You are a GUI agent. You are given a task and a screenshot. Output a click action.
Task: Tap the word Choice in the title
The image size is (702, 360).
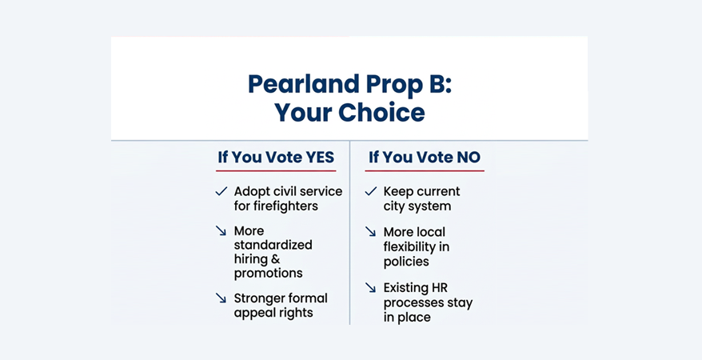pyautogui.click(x=382, y=112)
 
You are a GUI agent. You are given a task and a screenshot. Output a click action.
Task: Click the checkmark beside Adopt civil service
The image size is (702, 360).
pyautogui.click(x=221, y=192)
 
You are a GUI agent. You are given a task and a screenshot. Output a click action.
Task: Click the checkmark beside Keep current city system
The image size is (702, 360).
pyautogui.click(x=370, y=192)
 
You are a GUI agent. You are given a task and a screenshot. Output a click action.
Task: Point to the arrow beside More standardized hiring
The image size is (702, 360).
pyautogui.click(x=221, y=231)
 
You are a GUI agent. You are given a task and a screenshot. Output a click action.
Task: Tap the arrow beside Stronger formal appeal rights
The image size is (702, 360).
pyautogui.click(x=221, y=298)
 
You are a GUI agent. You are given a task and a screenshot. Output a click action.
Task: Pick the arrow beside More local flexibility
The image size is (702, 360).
pyautogui.click(x=370, y=232)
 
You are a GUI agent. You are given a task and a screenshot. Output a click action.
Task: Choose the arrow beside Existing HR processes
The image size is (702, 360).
pyautogui.click(x=370, y=287)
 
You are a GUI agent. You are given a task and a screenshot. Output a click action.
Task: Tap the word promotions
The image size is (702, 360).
pyautogui.click(x=268, y=274)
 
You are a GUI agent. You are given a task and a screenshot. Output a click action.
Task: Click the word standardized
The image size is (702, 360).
pyautogui.click(x=273, y=245)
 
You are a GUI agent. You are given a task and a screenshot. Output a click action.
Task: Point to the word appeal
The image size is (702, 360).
pyautogui.click(x=254, y=313)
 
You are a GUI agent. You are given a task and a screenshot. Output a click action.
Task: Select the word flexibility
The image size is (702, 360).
pyautogui.click(x=417, y=247)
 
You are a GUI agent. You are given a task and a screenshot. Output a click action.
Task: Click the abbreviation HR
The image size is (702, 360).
pyautogui.click(x=444, y=287)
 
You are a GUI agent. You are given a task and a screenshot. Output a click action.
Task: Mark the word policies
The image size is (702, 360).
pyautogui.click(x=406, y=262)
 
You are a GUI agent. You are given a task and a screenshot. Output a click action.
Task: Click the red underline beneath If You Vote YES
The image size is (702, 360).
pyautogui.click(x=277, y=170)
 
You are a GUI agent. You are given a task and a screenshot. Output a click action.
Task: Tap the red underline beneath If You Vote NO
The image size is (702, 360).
pyautogui.click(x=425, y=170)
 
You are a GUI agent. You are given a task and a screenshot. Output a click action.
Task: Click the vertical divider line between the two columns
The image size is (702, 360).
pyautogui.click(x=350, y=240)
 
